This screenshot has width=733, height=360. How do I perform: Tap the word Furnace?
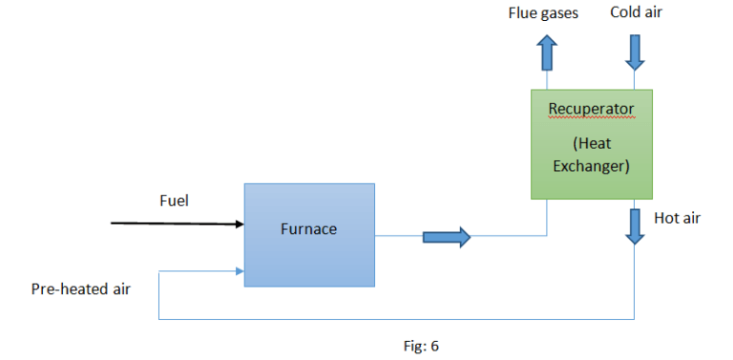click(x=309, y=229)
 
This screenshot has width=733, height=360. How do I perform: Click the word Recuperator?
click(x=591, y=109)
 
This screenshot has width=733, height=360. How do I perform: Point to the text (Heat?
click(x=591, y=144)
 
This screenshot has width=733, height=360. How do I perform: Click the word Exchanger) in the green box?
click(x=591, y=167)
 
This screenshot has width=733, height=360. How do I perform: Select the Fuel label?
click(x=174, y=201)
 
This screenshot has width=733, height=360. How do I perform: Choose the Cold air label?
click(x=636, y=12)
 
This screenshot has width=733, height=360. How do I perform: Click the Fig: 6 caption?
click(x=421, y=346)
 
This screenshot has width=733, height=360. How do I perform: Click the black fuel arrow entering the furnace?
click(x=177, y=224)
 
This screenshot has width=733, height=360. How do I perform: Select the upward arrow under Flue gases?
click(x=548, y=53)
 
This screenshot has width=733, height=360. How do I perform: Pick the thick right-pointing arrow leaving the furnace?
click(x=447, y=236)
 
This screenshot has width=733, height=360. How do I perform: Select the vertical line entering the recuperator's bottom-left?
click(x=547, y=218)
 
